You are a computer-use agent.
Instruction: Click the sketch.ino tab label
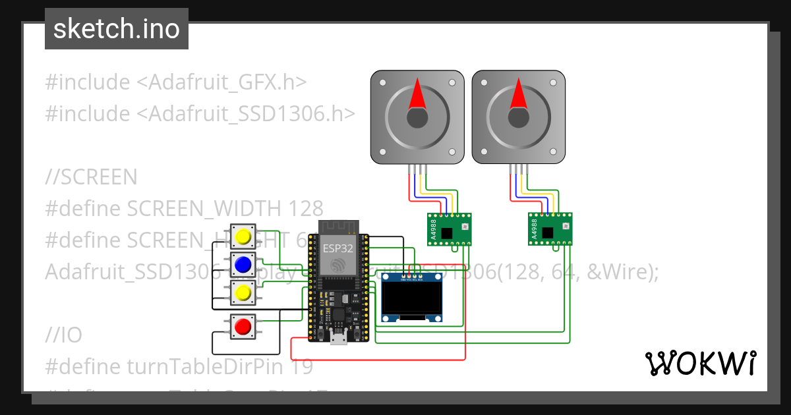[x=117, y=29]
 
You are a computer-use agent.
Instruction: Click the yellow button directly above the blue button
[x=243, y=236]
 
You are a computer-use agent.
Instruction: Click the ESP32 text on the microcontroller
[x=337, y=248]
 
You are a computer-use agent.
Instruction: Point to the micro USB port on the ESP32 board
[x=339, y=339]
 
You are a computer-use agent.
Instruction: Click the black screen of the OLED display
[x=411, y=299]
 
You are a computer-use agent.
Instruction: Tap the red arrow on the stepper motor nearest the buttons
[x=416, y=94]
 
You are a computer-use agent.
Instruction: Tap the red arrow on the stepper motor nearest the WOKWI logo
[x=518, y=94]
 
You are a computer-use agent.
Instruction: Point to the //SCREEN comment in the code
[x=91, y=177]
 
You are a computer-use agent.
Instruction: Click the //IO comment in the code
[x=64, y=335]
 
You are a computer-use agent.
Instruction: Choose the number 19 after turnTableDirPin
[x=301, y=367]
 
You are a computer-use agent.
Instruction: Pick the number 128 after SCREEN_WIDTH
[x=306, y=209]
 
